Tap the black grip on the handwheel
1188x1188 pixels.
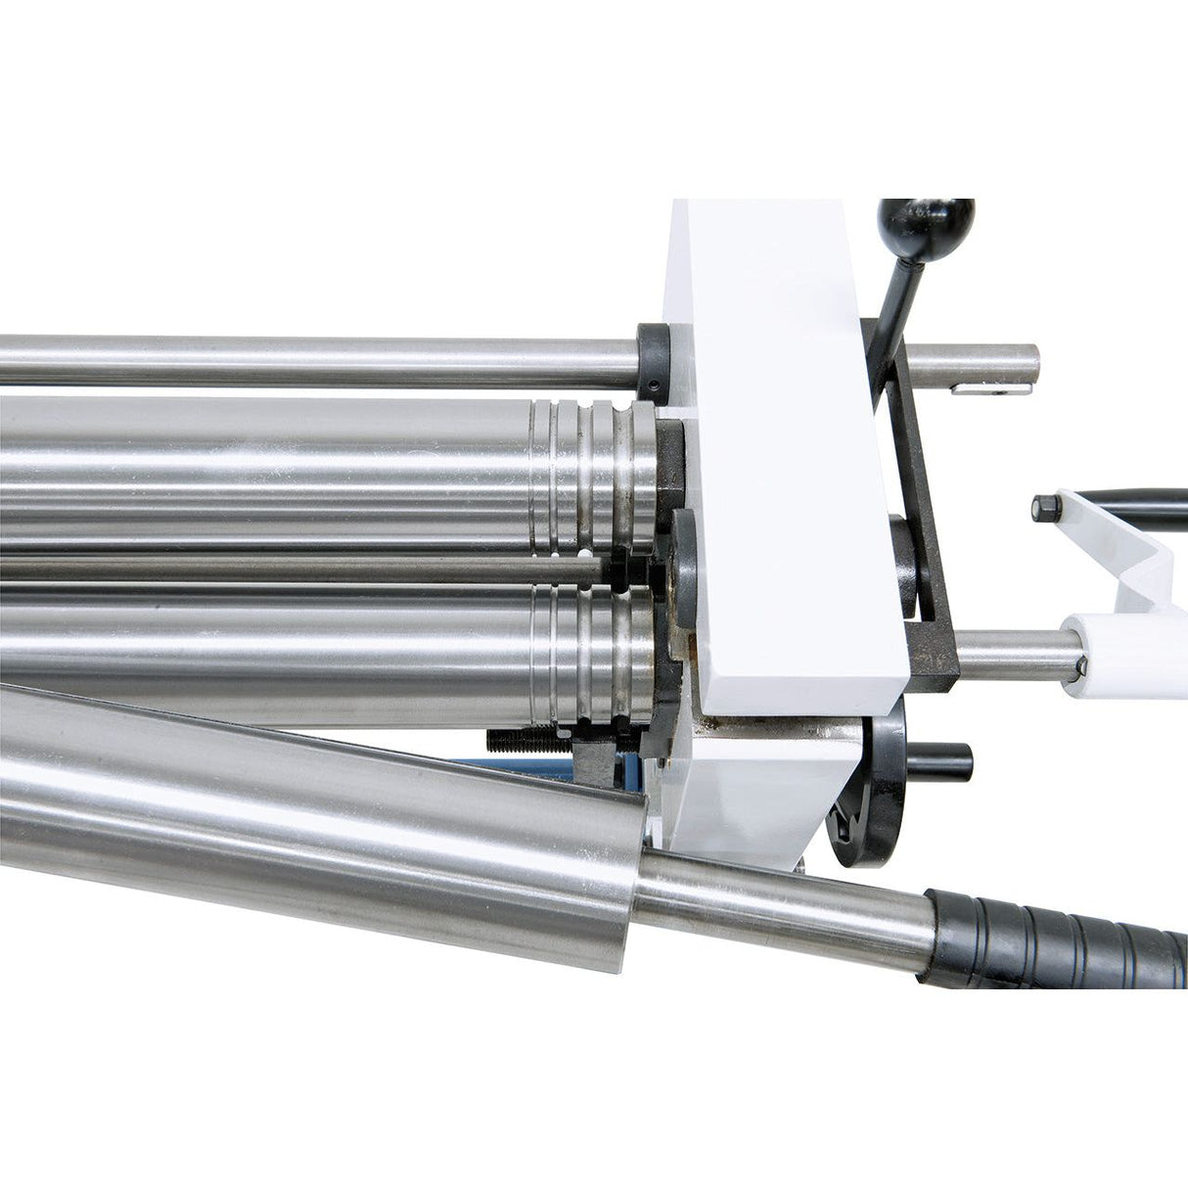click(940, 756)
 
